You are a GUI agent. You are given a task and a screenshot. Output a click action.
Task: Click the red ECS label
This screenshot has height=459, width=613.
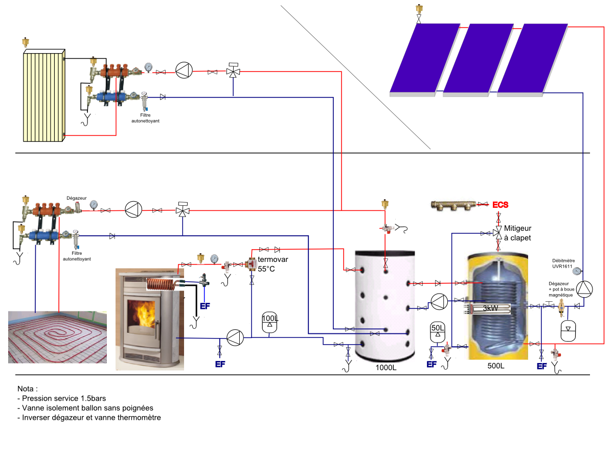click(501, 205)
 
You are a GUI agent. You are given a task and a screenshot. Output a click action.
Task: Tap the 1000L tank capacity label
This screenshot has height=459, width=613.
click(386, 368)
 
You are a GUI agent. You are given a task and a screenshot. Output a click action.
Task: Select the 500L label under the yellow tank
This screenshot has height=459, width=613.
click(495, 366)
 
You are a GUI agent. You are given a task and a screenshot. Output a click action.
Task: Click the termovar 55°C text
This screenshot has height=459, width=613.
click(273, 264)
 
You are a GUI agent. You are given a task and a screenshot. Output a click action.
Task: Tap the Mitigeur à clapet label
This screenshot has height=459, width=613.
click(517, 233)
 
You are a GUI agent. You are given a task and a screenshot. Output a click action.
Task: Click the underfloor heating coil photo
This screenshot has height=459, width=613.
click(58, 337)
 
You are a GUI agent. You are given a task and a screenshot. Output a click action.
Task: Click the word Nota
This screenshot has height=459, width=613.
click(28, 389)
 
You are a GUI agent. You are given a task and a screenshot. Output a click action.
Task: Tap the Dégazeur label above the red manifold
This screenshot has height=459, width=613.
click(76, 198)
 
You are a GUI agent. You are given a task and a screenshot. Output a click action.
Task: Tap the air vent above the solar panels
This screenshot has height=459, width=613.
click(419, 10)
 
